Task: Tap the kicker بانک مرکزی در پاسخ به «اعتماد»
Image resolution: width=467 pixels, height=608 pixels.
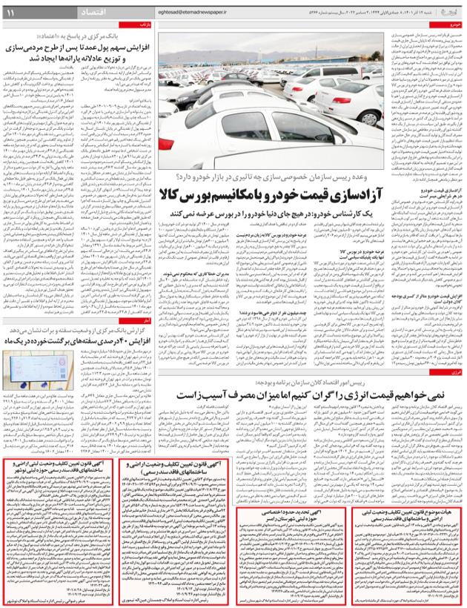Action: pyautogui.click(x=93, y=36)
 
